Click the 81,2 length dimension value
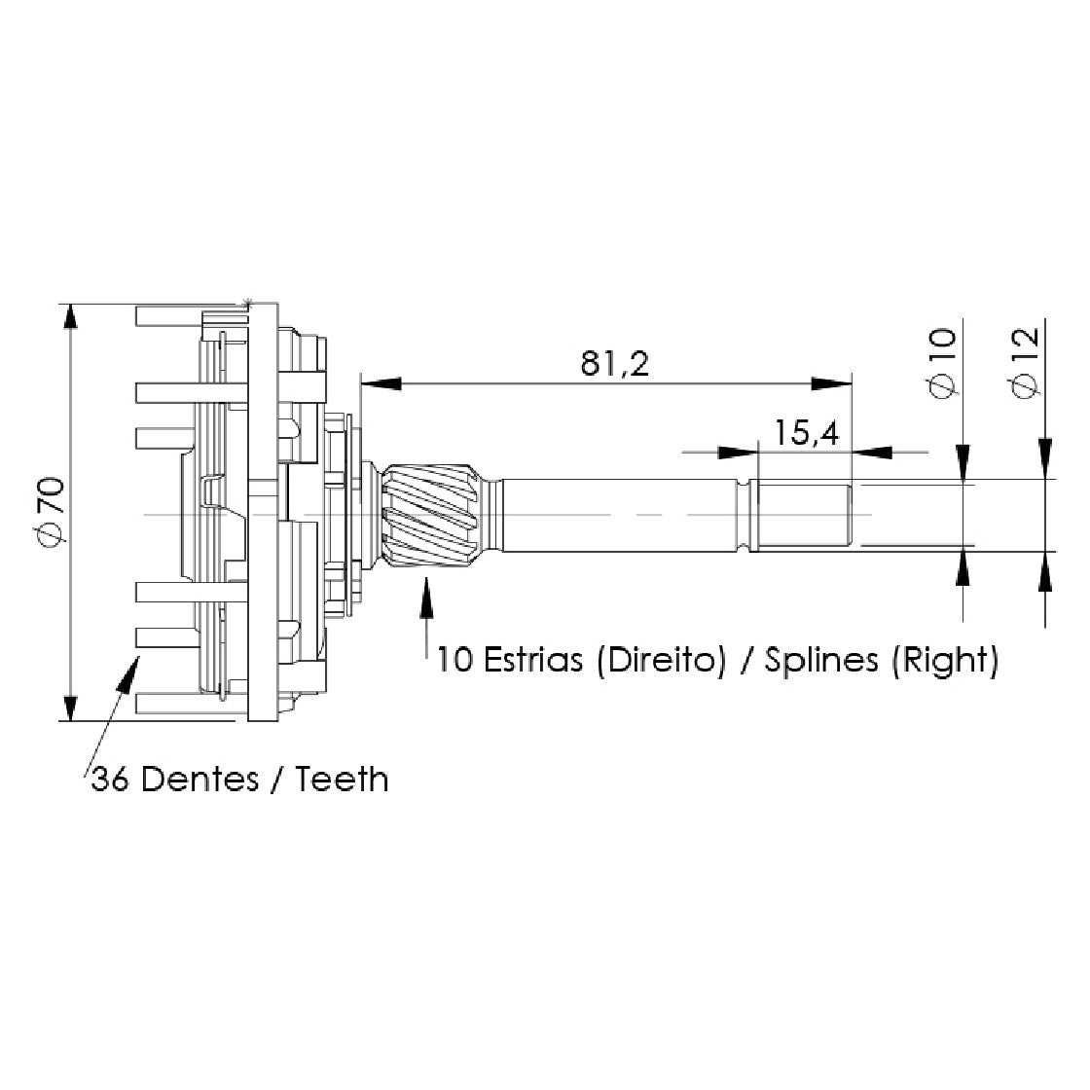[x=614, y=363]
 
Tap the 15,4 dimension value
[x=807, y=432]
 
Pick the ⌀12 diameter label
[x=1026, y=362]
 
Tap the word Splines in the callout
[x=821, y=660]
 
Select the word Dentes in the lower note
[x=200, y=780]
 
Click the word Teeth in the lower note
[x=342, y=780]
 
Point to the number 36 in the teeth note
[x=110, y=780]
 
